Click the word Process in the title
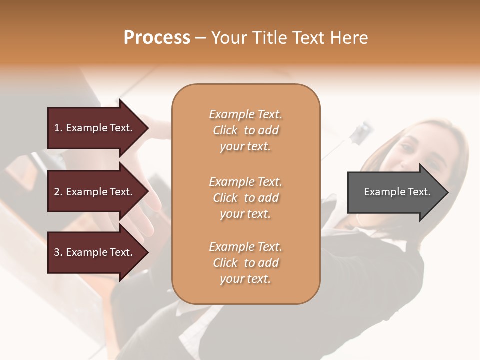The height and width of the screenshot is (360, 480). click(x=157, y=38)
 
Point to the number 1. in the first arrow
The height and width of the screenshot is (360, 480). click(x=58, y=128)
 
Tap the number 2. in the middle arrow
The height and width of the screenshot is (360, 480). click(x=58, y=192)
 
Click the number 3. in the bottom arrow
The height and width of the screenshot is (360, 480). click(x=58, y=252)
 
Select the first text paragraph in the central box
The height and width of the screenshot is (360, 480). click(x=245, y=130)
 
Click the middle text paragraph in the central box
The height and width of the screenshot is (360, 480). click(x=245, y=198)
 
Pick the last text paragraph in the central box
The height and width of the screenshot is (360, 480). click(x=245, y=263)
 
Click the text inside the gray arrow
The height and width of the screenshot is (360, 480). click(x=397, y=192)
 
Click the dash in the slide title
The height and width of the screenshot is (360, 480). click(x=201, y=38)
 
